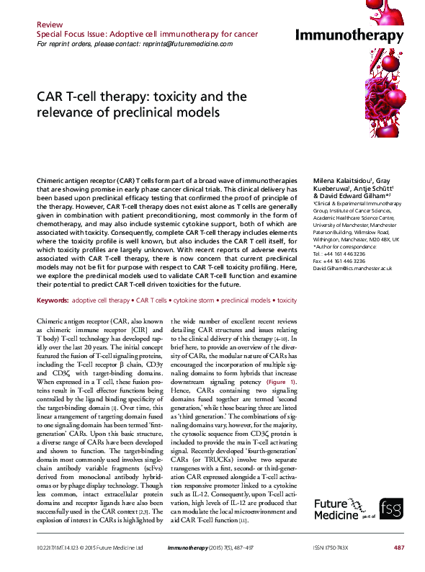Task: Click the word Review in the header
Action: click(x=51, y=24)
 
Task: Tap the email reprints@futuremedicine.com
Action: click(x=189, y=44)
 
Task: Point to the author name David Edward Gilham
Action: click(x=352, y=195)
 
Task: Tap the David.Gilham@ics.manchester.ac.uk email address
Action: click(x=342, y=268)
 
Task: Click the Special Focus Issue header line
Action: click(x=137, y=34)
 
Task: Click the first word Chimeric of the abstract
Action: click(x=50, y=177)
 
